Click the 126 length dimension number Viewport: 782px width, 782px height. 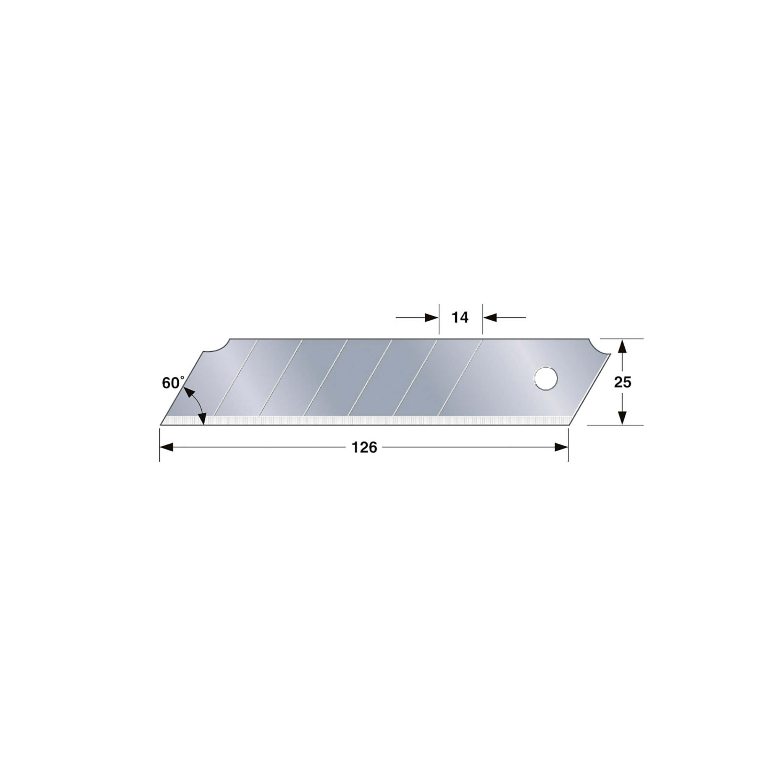click(364, 447)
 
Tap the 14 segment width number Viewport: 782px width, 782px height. click(460, 318)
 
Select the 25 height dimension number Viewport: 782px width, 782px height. click(622, 382)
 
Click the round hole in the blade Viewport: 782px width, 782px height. click(546, 379)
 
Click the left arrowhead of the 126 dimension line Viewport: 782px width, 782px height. click(166, 447)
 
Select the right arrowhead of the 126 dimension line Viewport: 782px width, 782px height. click(561, 447)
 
